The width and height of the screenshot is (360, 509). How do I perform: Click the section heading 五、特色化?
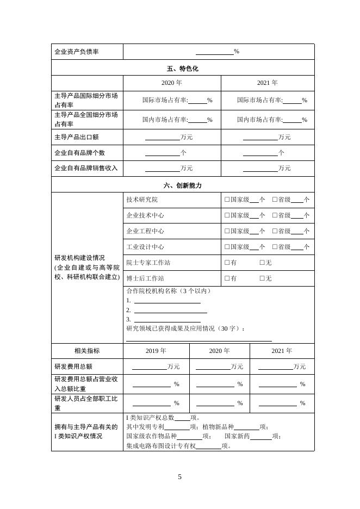click(183, 68)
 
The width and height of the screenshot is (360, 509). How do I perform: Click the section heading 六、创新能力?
click(183, 185)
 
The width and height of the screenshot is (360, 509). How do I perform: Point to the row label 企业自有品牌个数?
click(79, 153)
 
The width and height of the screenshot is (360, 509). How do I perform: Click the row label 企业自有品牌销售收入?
click(86, 168)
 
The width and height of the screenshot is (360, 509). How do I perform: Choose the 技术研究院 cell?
click(141, 200)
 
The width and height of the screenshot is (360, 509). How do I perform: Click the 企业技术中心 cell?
click(145, 215)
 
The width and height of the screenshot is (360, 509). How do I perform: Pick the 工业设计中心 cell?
click(145, 247)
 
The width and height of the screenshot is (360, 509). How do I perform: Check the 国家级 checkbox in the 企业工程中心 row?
click(227, 231)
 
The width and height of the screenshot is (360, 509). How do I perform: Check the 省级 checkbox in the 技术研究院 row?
click(275, 200)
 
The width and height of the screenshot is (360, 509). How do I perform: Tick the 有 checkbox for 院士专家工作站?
click(227, 263)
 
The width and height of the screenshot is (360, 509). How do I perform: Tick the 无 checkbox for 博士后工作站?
click(262, 278)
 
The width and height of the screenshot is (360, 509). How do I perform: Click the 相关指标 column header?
click(87, 351)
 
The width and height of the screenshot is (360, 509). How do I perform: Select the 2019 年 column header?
click(156, 351)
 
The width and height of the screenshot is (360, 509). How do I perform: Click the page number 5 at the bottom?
click(180, 477)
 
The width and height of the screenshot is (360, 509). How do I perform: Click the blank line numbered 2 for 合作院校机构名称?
click(170, 311)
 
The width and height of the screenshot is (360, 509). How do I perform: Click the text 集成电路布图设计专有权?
click(160, 446)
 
